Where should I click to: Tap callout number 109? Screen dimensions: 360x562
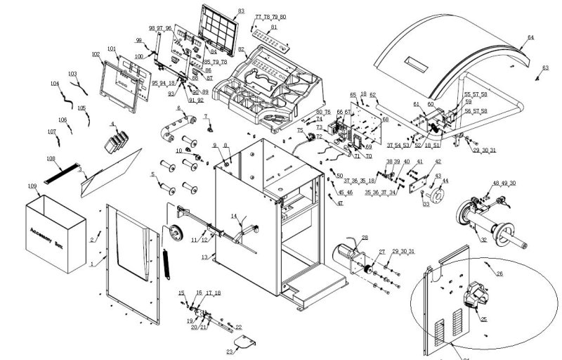(x=32, y=186)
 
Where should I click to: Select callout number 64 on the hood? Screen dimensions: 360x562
(x=530, y=37)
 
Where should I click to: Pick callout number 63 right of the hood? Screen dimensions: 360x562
(x=545, y=68)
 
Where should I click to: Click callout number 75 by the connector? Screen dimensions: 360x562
(x=300, y=131)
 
